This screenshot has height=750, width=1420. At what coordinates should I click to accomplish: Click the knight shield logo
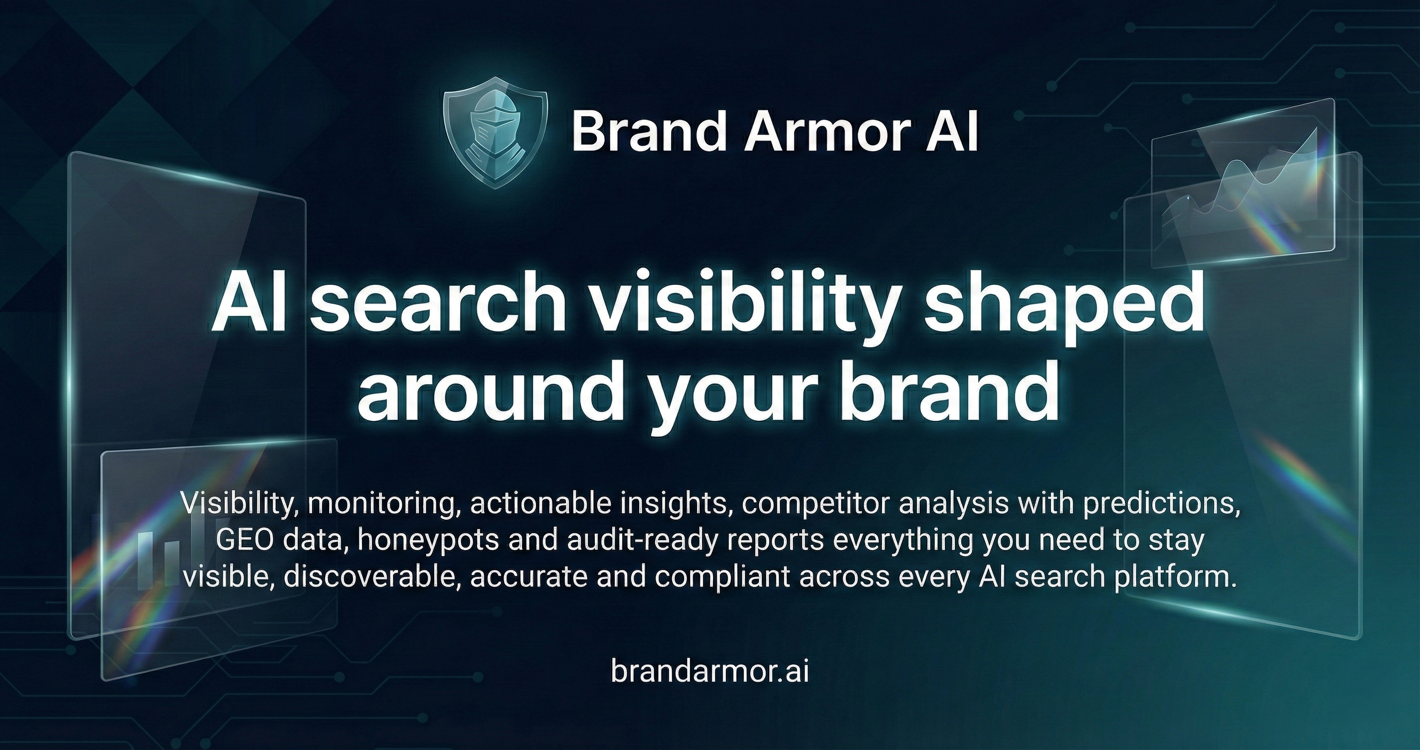496,132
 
